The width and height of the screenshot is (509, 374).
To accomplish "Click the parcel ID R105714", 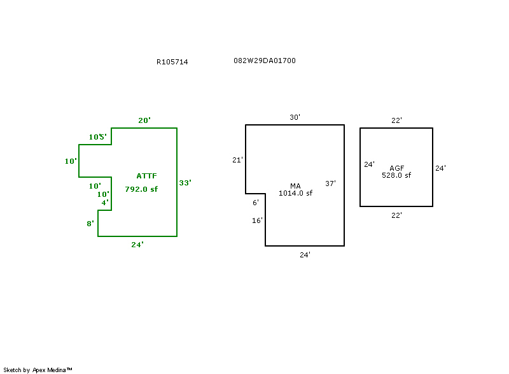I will [172, 62].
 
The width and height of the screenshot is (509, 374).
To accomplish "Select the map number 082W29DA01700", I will [264, 61].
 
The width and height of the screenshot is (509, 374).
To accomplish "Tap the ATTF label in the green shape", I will [146, 175].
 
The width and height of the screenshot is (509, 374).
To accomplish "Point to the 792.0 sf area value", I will [141, 189].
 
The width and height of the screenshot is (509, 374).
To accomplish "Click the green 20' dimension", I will [144, 120].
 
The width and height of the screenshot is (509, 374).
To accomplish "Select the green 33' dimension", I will [185, 183].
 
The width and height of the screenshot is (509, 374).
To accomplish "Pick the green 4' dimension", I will [105, 203].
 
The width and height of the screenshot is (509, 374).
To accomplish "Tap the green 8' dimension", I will [91, 224].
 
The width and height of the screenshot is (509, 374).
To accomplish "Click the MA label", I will [295, 185].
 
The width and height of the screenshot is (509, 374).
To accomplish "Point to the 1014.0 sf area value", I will [295, 193].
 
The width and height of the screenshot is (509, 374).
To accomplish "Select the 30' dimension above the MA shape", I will [295, 117].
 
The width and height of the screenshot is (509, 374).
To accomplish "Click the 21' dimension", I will [237, 160].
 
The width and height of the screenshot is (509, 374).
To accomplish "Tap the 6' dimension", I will [256, 203].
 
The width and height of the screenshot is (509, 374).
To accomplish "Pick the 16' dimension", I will [257, 220].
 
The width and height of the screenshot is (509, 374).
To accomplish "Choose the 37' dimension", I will [330, 183].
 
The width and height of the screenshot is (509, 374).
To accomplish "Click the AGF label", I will [396, 168].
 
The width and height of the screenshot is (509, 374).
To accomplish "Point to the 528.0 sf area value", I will [396, 175].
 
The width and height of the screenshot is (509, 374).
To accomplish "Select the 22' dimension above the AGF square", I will [396, 120].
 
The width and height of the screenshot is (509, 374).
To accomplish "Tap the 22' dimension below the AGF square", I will [396, 215].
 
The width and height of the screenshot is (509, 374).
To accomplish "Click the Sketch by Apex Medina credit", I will [38, 370].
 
